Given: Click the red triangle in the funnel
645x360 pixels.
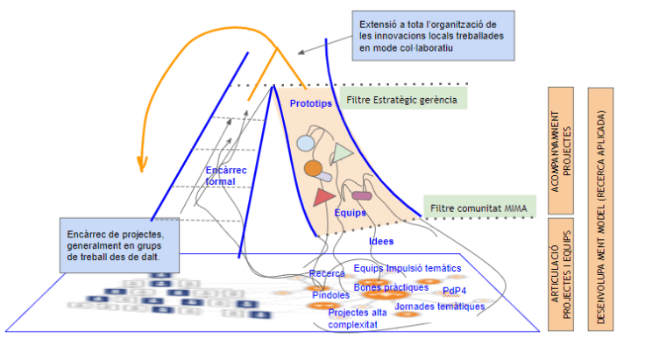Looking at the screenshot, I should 322,197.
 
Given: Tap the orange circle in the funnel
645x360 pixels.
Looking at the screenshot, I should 313,167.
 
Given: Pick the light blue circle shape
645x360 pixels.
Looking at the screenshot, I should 305,143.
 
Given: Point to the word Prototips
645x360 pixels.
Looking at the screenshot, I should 310,104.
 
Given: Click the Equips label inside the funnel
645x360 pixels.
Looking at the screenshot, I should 351,213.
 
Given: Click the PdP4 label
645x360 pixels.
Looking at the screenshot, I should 455,292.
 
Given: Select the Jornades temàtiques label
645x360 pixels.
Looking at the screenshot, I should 440,307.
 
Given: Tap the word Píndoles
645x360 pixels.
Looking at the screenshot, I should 330,295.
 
